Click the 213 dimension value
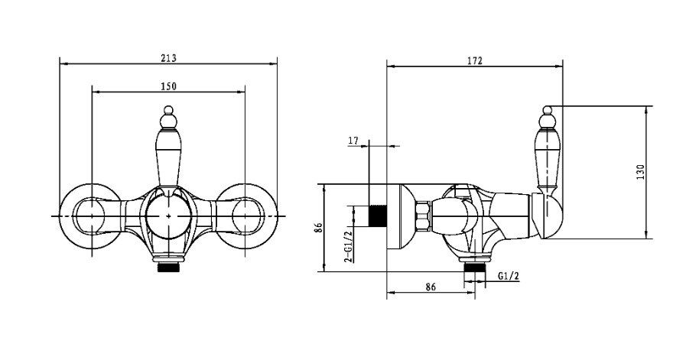coord(168,58)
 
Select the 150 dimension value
coord(168,86)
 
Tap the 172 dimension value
coord(475,61)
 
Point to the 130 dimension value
coord(641,173)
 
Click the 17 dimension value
coord(353,141)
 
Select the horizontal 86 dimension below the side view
coord(431,287)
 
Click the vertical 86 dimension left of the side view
coord(318,228)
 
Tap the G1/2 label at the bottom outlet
coord(509,276)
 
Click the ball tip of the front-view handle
coord(168,109)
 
